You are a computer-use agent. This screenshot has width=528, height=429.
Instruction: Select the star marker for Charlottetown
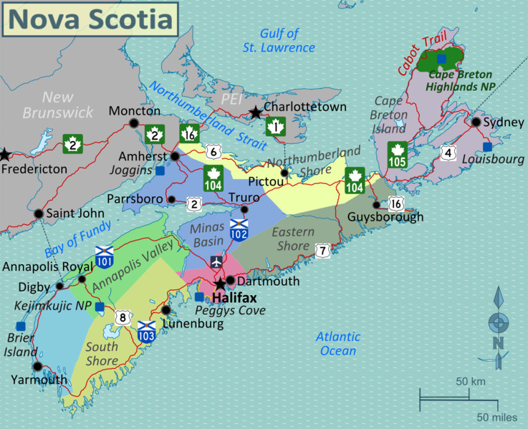point(255,112)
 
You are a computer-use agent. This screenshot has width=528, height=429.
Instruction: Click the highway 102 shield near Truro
point(239,229)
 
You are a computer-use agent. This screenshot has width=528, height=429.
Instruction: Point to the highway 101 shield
point(104,255)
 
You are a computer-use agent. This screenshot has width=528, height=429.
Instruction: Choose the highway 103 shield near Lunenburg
point(146,331)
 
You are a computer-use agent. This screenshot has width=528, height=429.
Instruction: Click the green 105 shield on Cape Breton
point(397,155)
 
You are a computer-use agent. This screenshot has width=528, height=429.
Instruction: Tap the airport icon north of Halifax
point(216,262)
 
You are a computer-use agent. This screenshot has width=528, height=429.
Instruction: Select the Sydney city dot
point(476,122)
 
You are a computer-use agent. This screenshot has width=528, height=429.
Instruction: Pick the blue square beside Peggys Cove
point(199,297)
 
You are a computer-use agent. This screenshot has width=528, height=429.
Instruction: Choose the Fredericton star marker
point(5,154)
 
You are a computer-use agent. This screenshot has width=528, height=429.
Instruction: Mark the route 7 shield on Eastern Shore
point(323,250)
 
